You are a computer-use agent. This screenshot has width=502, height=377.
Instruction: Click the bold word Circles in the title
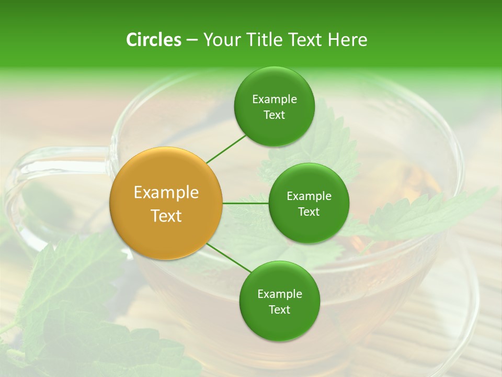(153, 40)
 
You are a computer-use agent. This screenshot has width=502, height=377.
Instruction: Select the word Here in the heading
(348, 40)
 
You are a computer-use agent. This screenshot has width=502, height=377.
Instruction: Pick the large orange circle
(166, 203)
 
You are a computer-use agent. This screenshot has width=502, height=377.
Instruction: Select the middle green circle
(309, 203)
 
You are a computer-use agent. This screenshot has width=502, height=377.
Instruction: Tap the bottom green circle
(279, 301)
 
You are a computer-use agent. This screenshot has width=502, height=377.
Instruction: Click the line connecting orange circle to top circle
(226, 149)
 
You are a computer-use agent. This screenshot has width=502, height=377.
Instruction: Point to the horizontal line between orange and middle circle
(245, 203)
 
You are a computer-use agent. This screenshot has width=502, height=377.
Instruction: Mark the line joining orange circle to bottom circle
(228, 258)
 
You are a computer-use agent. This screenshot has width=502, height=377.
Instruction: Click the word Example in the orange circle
(166, 192)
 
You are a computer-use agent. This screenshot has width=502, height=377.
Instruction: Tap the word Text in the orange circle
(166, 215)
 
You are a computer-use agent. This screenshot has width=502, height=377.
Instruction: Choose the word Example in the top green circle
(274, 99)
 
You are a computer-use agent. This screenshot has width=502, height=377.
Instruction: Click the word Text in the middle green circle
(309, 212)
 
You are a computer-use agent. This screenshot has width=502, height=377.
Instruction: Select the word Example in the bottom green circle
(279, 294)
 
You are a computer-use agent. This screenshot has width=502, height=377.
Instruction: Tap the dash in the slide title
(192, 40)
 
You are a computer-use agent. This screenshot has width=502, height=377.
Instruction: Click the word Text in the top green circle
(274, 115)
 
